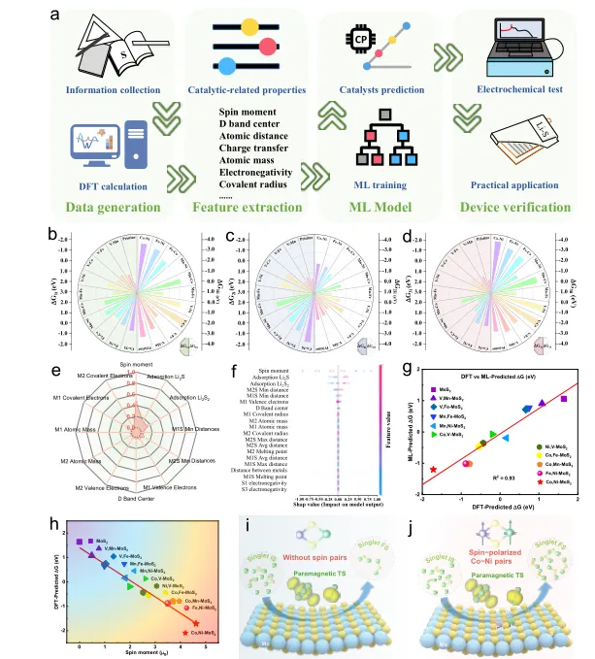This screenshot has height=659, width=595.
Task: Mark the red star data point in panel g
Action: point(433,443)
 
